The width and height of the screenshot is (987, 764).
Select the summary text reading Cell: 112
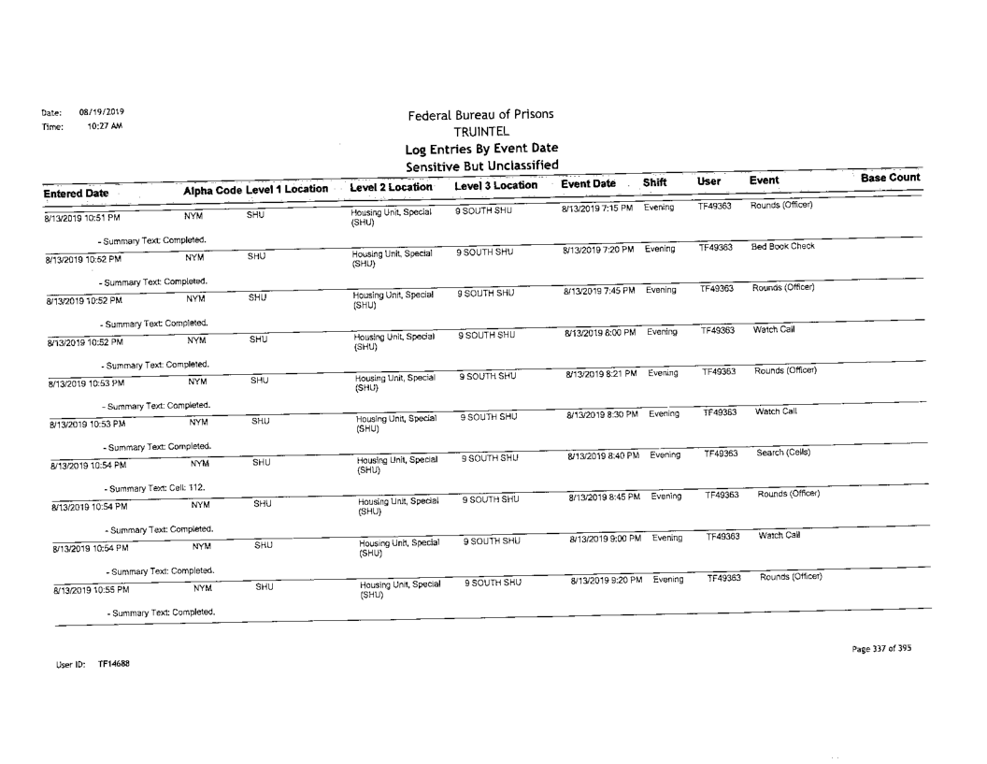point(152,489)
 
